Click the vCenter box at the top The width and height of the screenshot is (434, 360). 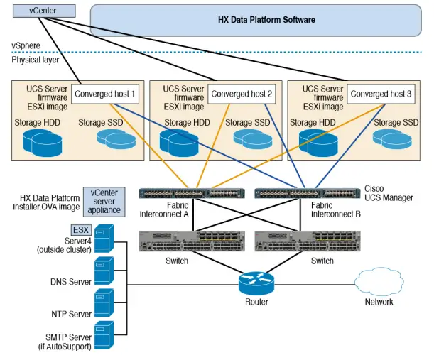click(x=43, y=11)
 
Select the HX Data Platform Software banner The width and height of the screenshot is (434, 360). click(x=266, y=20)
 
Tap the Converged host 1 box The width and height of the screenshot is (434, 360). click(x=105, y=94)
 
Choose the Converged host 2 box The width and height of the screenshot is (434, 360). click(x=242, y=94)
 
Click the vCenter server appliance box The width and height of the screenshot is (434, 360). click(x=104, y=202)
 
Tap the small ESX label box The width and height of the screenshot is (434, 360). click(x=80, y=230)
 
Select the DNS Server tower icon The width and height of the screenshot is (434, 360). click(x=104, y=271)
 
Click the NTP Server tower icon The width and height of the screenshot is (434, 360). click(x=104, y=305)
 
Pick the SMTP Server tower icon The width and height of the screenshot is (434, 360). click(x=104, y=336)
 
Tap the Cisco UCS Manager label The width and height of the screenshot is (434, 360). click(x=388, y=193)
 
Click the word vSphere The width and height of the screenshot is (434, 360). click(x=26, y=45)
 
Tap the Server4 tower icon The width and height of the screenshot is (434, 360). click(x=104, y=239)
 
